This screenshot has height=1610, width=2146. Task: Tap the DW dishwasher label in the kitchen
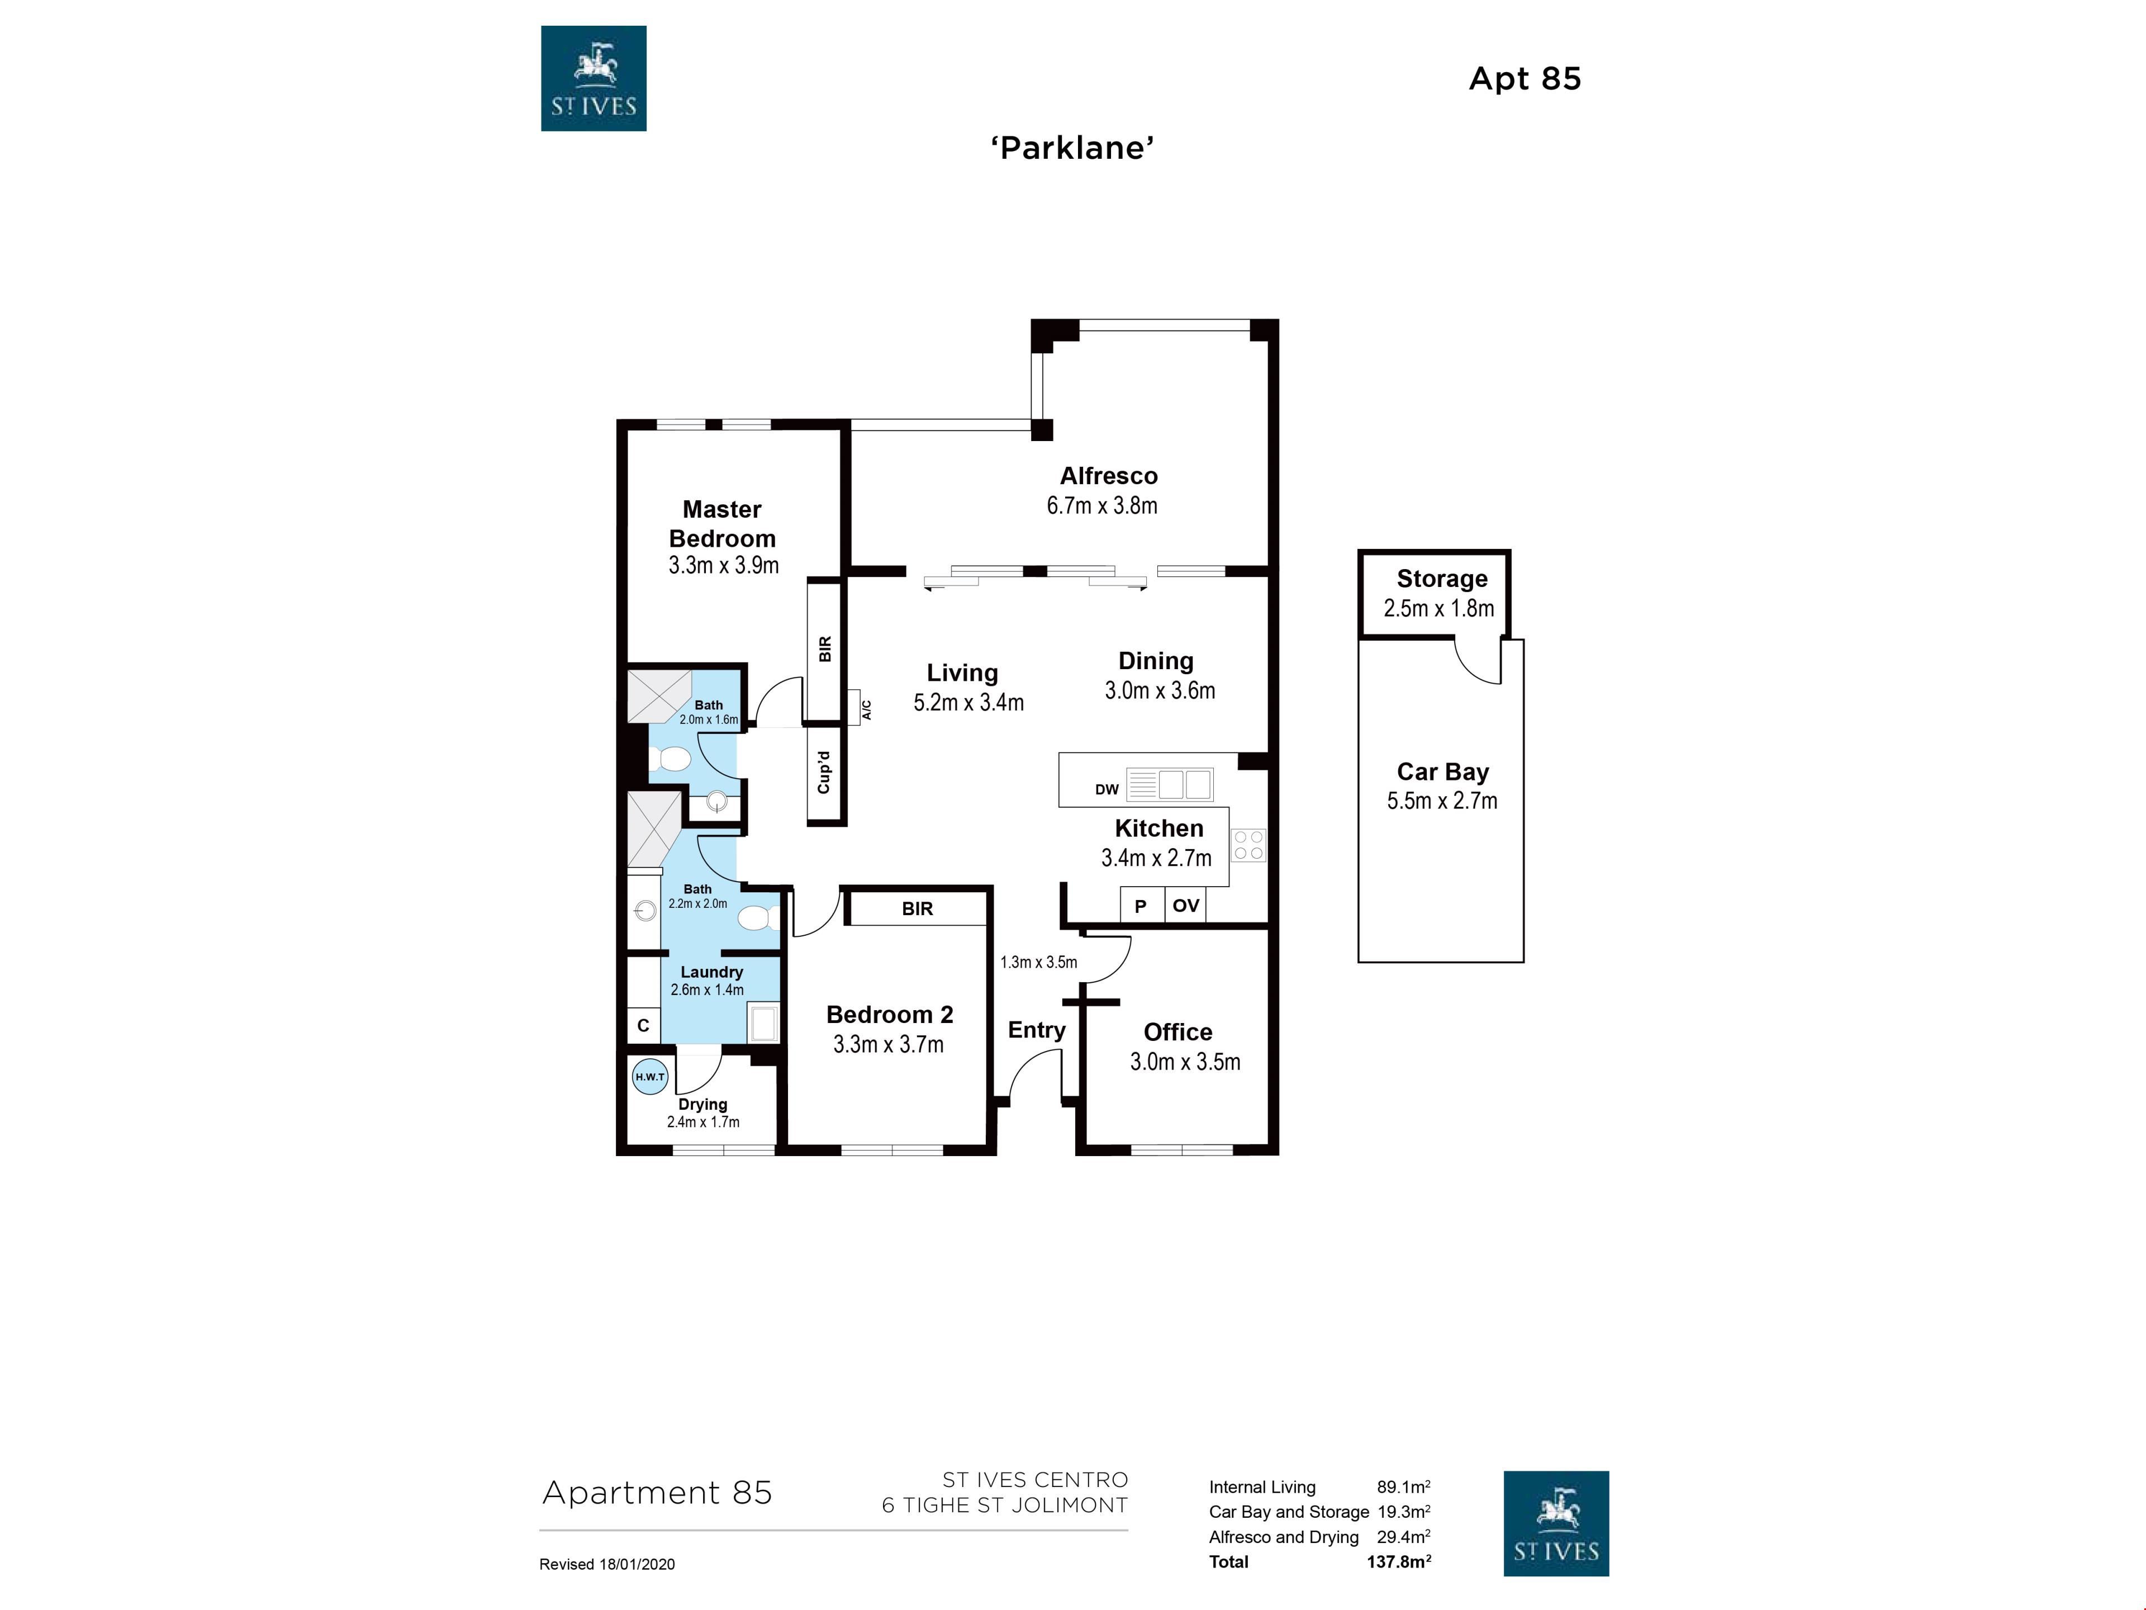click(x=1107, y=789)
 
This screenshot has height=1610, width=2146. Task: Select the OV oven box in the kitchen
click(x=1185, y=906)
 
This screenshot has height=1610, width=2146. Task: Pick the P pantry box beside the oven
click(x=1142, y=906)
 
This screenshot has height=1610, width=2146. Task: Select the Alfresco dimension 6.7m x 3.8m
click(x=1102, y=505)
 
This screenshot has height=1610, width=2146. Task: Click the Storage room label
click(x=1442, y=579)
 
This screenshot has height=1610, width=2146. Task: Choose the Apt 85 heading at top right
click(x=1525, y=79)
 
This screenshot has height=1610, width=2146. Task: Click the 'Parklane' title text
click(x=1072, y=148)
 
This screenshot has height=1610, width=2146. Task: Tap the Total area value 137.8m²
click(x=1399, y=1561)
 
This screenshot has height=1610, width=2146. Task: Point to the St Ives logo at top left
click(x=594, y=79)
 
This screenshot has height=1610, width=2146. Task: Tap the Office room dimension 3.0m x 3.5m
click(x=1185, y=1062)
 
